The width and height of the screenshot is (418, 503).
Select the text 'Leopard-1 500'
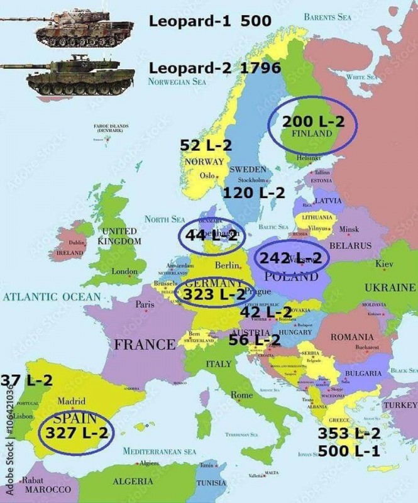click(x=210, y=21)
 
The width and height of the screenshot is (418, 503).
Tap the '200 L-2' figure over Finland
click(x=313, y=122)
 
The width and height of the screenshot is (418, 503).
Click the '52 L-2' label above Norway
click(x=206, y=146)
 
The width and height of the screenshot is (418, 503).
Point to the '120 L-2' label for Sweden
click(x=255, y=193)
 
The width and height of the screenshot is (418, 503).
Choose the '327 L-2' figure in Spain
click(x=75, y=433)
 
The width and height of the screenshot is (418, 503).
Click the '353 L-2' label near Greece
click(x=349, y=433)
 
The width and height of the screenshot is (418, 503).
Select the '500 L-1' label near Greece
click(x=349, y=451)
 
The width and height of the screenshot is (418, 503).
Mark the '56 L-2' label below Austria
click(x=254, y=340)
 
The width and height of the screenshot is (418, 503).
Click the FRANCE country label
click(x=145, y=345)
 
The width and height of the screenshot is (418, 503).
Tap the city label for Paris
click(x=145, y=304)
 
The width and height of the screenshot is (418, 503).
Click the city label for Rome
click(x=242, y=395)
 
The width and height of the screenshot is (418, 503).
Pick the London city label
click(x=124, y=272)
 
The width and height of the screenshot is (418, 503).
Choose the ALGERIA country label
click(x=133, y=481)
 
